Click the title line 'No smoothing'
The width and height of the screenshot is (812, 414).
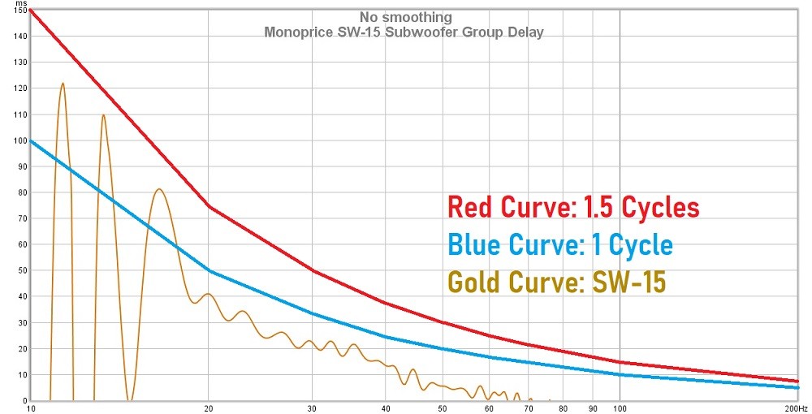pyautogui.click(x=405, y=16)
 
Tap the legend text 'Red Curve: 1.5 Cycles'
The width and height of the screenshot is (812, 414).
pyautogui.click(x=572, y=207)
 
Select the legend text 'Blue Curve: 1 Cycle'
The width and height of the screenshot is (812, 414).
pyautogui.click(x=559, y=244)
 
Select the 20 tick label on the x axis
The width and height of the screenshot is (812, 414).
pyautogui.click(x=209, y=408)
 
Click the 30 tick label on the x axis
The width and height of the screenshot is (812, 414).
pyautogui.click(x=312, y=408)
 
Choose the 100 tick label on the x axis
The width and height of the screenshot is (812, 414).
pyautogui.click(x=620, y=408)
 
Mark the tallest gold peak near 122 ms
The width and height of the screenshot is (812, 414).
pyautogui.click(x=63, y=83)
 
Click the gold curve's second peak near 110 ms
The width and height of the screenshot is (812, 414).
pyautogui.click(x=103, y=114)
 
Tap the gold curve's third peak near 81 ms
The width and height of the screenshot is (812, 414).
pyautogui.click(x=159, y=189)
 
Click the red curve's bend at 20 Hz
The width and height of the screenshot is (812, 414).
pyautogui.click(x=209, y=206)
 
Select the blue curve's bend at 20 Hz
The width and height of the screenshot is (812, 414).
pyautogui.click(x=209, y=270)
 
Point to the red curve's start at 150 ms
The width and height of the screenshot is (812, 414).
pyautogui.click(x=31, y=11)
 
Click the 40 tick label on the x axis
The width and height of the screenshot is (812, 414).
pyautogui.click(x=386, y=408)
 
